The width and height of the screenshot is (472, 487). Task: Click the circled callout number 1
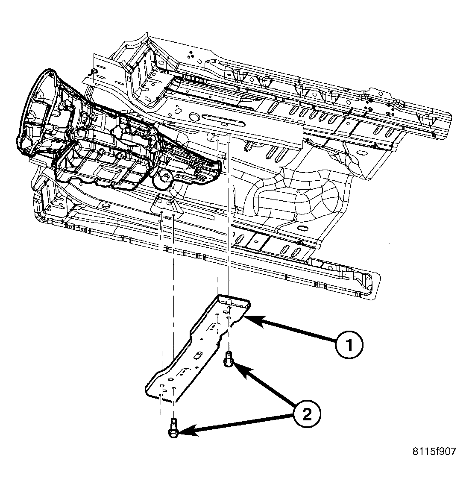pyautogui.click(x=349, y=345)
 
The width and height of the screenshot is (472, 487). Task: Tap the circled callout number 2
pyautogui.click(x=307, y=414)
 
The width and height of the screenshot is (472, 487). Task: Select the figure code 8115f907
pyautogui.click(x=434, y=451)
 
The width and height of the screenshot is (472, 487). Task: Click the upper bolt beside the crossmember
pyautogui.click(x=228, y=359)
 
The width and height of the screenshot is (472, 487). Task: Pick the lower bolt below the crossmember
pyautogui.click(x=173, y=428)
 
